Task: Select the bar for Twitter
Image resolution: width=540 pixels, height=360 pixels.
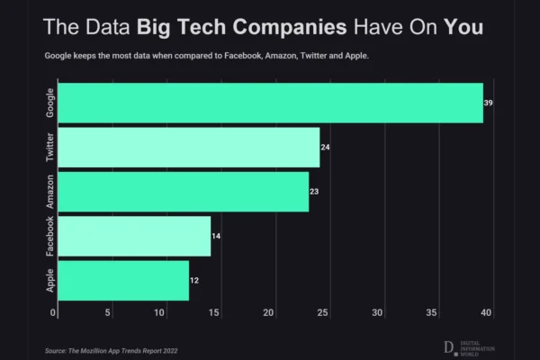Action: [188, 147]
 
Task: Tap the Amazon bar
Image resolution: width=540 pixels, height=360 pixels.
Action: [183, 191]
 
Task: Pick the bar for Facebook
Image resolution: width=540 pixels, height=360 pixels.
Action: [133, 236]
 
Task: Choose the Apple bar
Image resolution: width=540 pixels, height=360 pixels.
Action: [122, 281]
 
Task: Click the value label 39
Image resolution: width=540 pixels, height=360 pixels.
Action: [489, 103]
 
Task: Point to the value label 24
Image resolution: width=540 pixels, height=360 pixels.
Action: [326, 147]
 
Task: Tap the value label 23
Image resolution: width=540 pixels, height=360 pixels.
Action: [315, 191]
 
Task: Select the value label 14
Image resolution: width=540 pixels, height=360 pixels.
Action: [217, 236]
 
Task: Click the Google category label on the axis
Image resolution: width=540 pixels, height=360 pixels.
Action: [49, 103]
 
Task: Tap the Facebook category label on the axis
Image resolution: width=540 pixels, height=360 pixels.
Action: [49, 236]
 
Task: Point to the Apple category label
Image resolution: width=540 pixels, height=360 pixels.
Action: [49, 281]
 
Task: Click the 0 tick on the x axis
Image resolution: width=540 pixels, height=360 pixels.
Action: [54, 313]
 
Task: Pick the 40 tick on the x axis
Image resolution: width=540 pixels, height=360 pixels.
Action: [487, 313]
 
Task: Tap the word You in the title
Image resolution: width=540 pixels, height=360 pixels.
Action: [464, 27]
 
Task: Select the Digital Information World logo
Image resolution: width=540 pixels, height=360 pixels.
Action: [472, 347]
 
